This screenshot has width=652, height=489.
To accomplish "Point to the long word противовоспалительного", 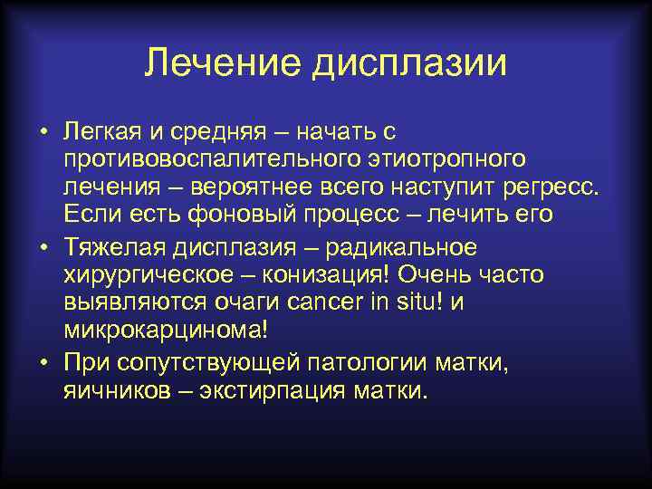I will point(205,161).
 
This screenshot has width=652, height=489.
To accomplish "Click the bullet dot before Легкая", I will point(43,134).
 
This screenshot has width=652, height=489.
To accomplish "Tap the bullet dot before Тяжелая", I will point(43,246).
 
